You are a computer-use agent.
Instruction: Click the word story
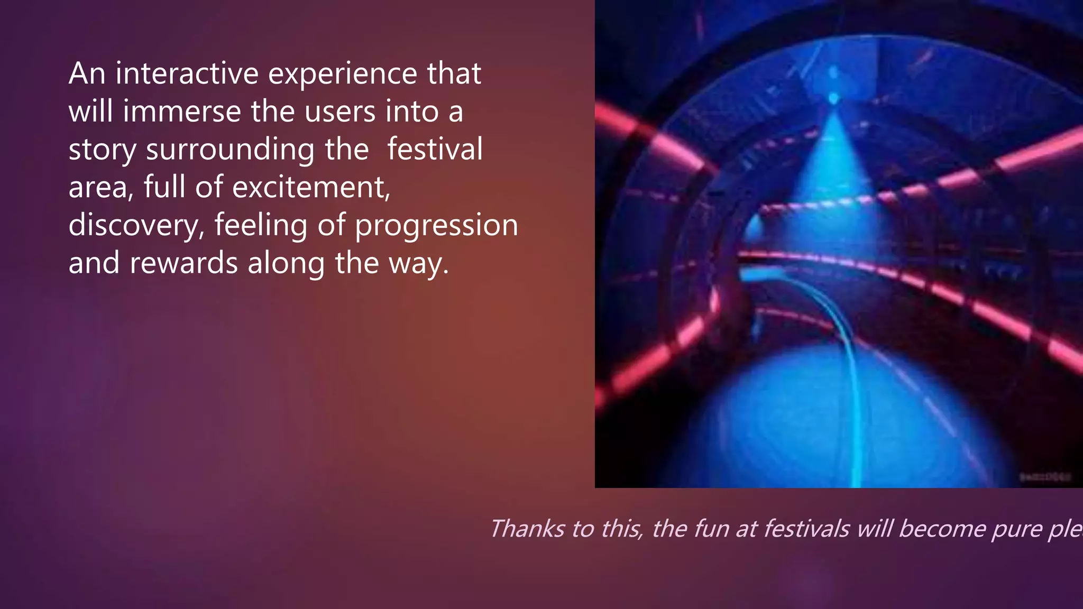tap(103, 150)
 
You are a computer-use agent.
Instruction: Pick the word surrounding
tap(231, 150)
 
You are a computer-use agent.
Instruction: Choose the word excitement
tap(311, 187)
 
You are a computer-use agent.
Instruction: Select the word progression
tap(436, 226)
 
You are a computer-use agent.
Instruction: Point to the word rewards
tap(183, 263)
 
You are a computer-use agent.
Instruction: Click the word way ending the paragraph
tap(418, 264)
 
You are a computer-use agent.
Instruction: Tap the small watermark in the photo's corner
tap(1045, 477)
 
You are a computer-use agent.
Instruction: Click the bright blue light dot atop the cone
tap(834, 98)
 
